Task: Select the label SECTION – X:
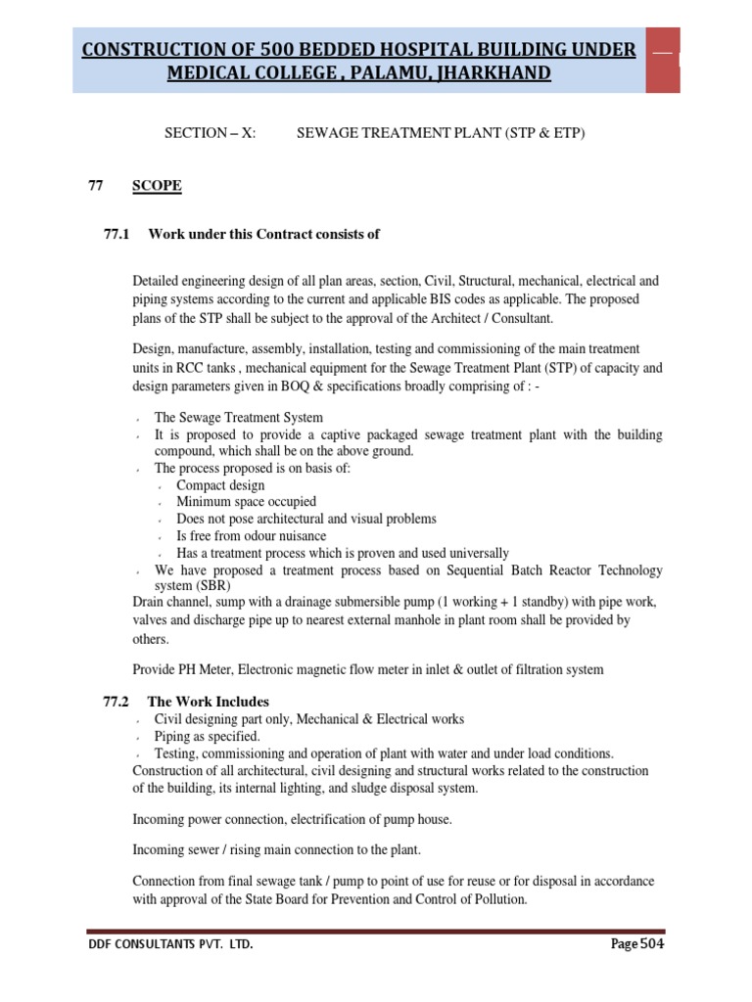[210, 133]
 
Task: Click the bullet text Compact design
[220, 485]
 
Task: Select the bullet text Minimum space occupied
[246, 502]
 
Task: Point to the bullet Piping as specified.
[207, 736]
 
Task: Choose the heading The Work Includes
[208, 702]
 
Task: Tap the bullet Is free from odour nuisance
[252, 536]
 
